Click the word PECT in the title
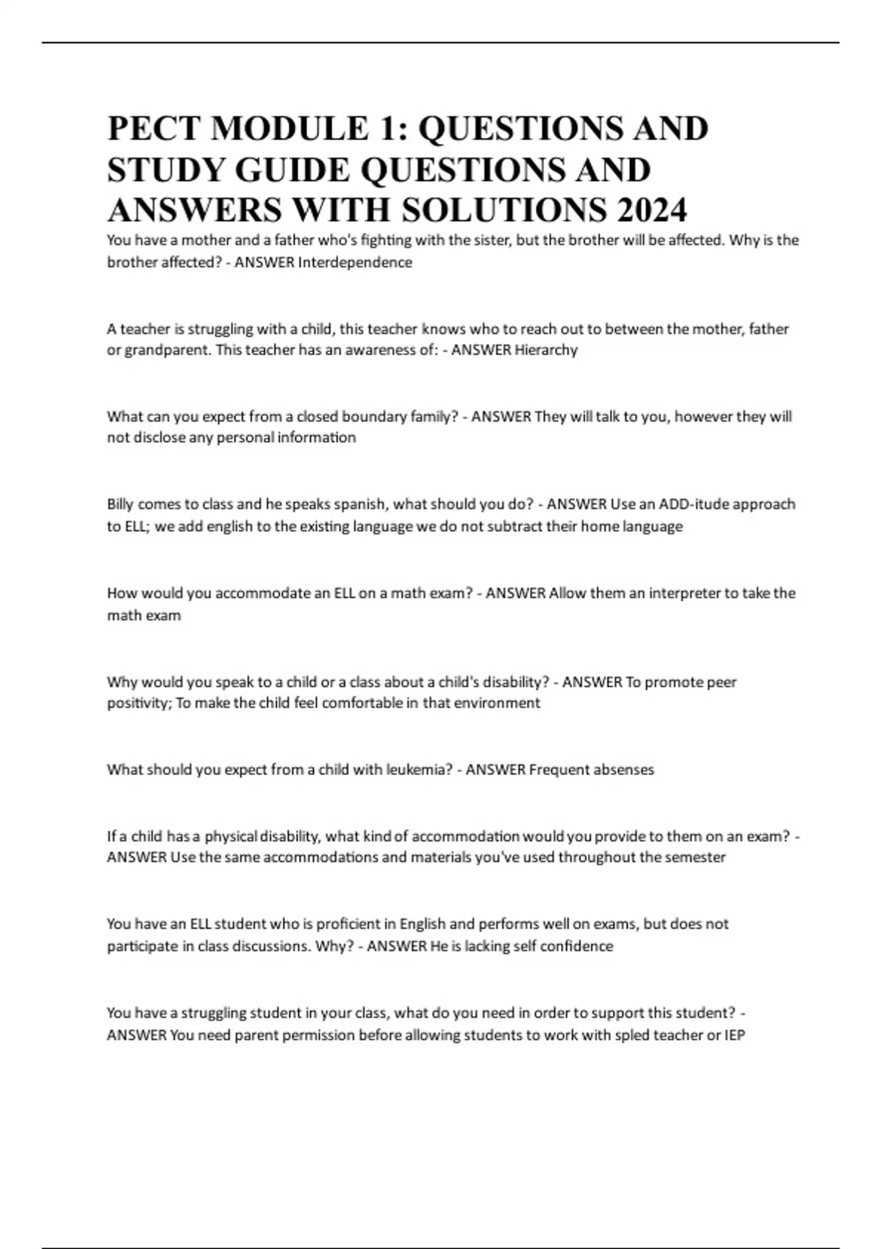click(x=154, y=129)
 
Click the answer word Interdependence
click(x=355, y=262)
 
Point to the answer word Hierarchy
click(x=546, y=350)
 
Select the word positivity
click(x=137, y=703)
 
